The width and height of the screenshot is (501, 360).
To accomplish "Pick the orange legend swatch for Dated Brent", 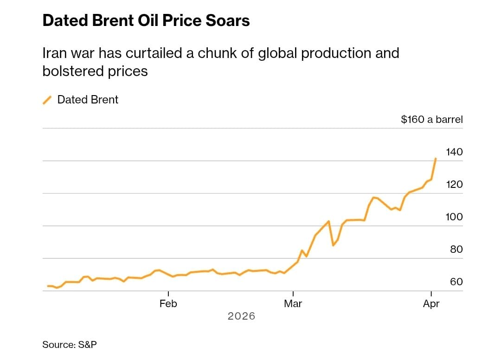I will (x=47, y=100).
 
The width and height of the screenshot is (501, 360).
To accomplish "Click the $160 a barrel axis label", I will (x=431, y=120).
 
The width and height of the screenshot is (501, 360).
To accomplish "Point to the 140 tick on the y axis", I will (x=454, y=152).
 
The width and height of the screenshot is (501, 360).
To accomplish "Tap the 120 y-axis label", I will (x=454, y=184).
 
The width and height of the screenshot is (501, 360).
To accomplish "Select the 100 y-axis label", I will (x=454, y=217).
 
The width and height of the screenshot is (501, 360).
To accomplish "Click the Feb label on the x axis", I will (x=168, y=304).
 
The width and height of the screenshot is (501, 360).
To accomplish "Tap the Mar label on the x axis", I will (x=293, y=304).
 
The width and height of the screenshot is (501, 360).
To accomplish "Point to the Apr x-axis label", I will (x=431, y=304).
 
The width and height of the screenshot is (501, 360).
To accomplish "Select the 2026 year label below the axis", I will (x=241, y=316).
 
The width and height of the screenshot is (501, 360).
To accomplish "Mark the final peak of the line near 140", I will (x=435, y=159).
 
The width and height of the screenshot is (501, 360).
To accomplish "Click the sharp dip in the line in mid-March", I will (x=333, y=245).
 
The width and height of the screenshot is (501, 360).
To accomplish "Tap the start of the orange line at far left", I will (x=48, y=286).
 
